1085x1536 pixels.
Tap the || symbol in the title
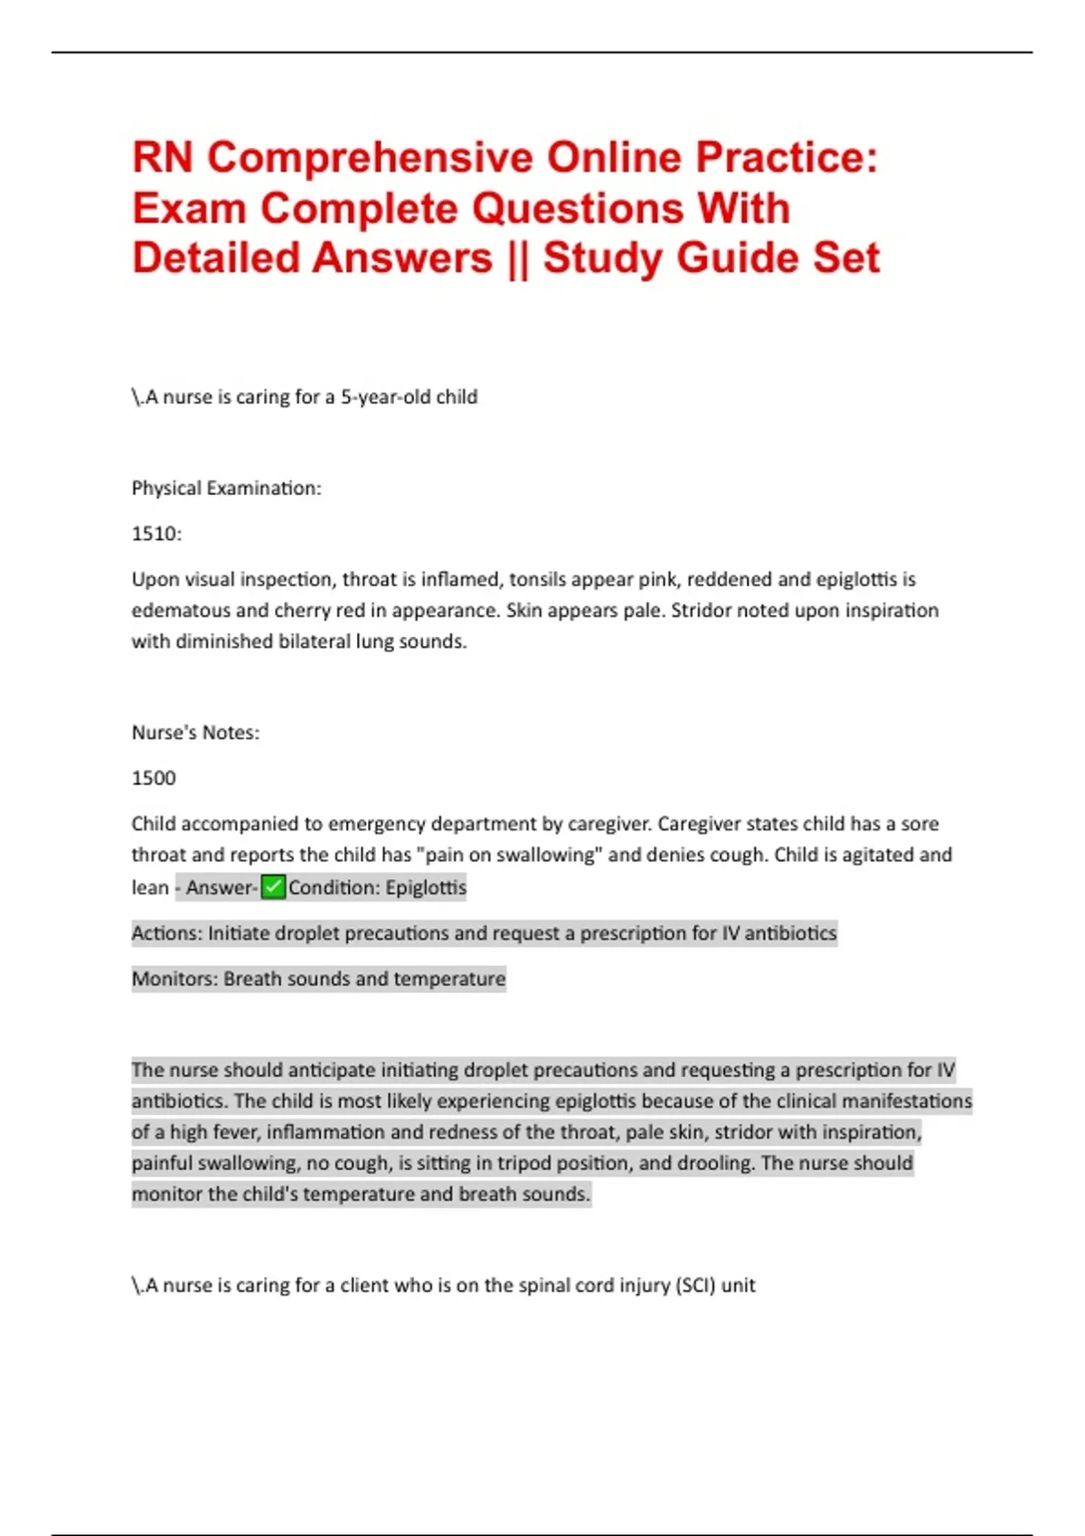click(517, 258)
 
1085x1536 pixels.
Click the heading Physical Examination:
click(226, 488)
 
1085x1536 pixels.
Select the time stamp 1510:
click(156, 533)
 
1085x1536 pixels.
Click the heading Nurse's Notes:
click(195, 732)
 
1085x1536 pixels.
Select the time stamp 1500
click(154, 778)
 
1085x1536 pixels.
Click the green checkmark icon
click(273, 887)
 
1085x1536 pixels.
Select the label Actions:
click(167, 932)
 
